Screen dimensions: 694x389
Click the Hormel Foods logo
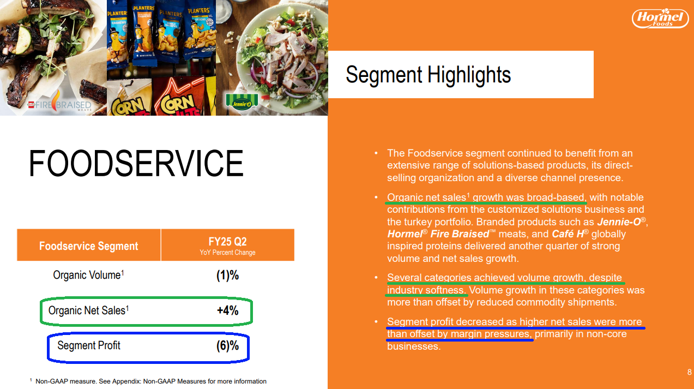660,19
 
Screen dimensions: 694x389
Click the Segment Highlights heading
428,75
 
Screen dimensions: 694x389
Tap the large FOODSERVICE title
136,163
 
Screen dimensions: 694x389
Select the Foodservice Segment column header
89,246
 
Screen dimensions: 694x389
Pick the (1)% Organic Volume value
228,275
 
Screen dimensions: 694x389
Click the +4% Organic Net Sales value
228,310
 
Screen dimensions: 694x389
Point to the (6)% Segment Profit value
228,345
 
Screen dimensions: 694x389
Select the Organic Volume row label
89,275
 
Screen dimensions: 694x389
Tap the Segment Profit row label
89,345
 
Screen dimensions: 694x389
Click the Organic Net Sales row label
89,310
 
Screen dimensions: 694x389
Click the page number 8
689,372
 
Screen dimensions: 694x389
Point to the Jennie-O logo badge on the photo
242,101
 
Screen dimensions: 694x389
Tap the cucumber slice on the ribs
23,40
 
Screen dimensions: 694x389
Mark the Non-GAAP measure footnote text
148,381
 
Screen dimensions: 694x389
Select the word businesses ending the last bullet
414,346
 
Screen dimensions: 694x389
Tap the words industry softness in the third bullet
426,290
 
